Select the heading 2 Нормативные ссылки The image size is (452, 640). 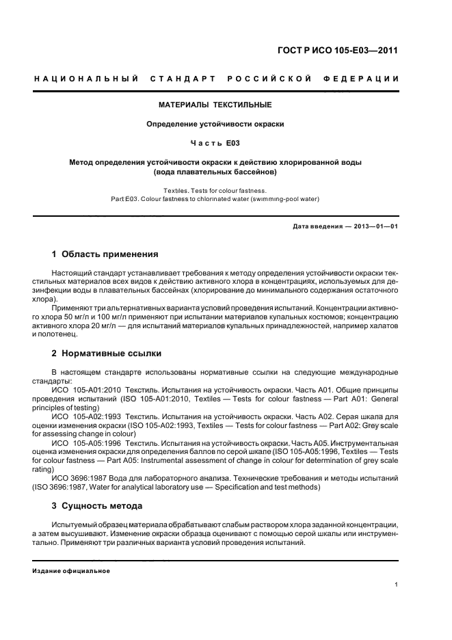pyautogui.click(x=106, y=354)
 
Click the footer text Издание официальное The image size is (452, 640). pyautogui.click(x=72, y=570)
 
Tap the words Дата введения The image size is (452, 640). pyautogui.click(x=316, y=226)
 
